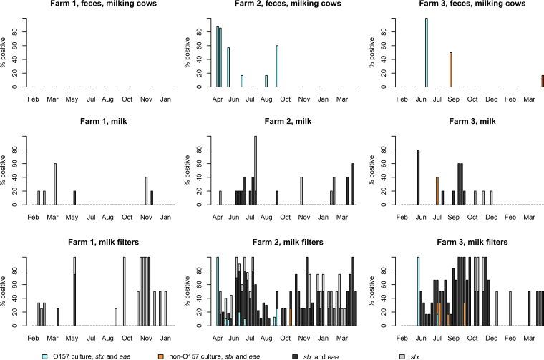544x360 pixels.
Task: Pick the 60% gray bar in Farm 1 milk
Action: [x=55, y=184]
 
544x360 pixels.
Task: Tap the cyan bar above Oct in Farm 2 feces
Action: [x=277, y=66]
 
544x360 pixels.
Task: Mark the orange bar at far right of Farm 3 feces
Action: [x=543, y=81]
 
